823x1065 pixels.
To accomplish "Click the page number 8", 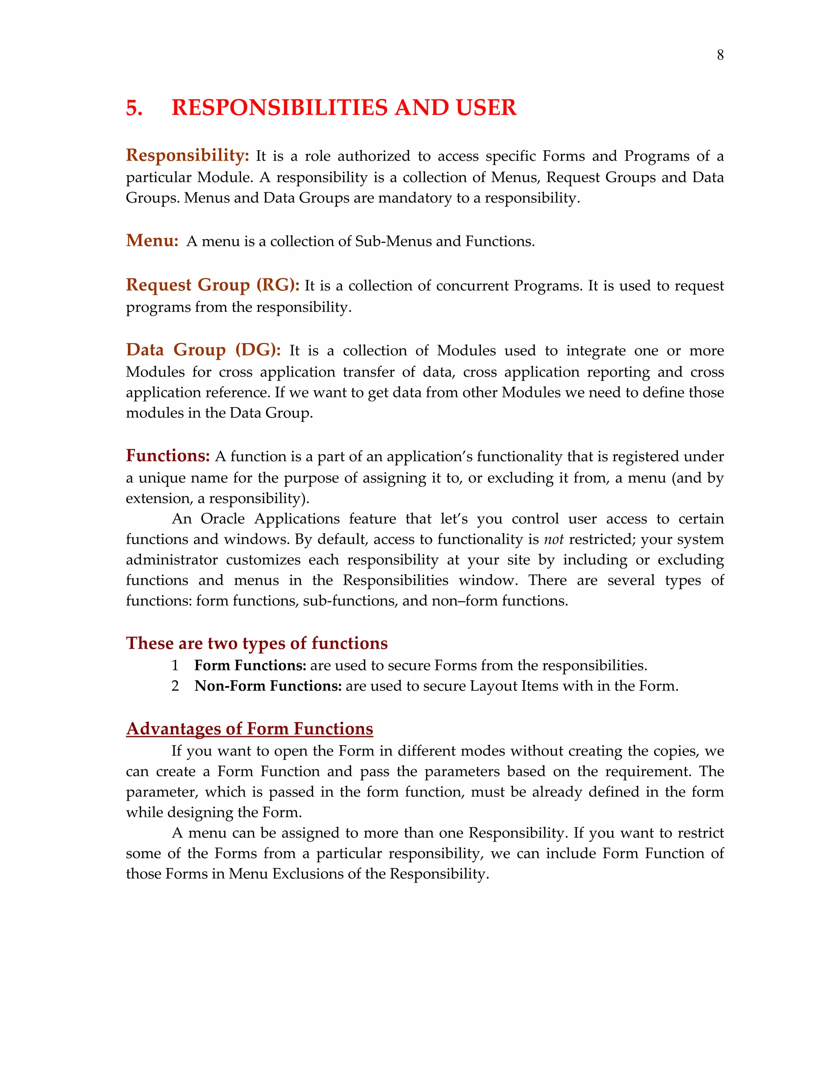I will pyautogui.click(x=720, y=55).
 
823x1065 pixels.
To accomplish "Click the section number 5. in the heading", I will pyautogui.click(x=134, y=108).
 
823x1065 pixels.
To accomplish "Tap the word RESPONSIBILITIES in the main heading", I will pyautogui.click(x=280, y=108).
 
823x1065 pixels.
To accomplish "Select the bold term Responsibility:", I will pyautogui.click(x=187, y=156).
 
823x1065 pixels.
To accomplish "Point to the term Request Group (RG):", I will pyautogui.click(x=213, y=285).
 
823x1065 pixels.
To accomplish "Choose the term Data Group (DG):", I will pyautogui.click(x=203, y=350).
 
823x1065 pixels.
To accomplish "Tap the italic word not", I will pyautogui.click(x=553, y=539).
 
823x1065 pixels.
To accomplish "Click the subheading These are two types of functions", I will pyautogui.click(x=256, y=643).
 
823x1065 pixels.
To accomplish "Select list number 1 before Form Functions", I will pyautogui.click(x=175, y=666).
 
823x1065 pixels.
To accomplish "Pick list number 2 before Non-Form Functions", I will pyautogui.click(x=175, y=686).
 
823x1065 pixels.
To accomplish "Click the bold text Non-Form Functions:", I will pyautogui.click(x=268, y=686).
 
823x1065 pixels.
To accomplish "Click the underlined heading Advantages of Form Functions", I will pyautogui.click(x=249, y=729).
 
